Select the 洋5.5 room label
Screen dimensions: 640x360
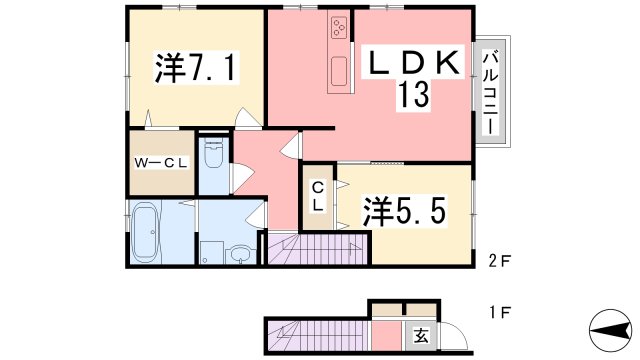click(404, 211)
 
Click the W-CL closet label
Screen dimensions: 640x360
click(161, 164)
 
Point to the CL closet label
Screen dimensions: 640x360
click(318, 197)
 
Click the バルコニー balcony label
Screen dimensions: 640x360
click(490, 92)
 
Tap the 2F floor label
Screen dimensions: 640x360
click(500, 260)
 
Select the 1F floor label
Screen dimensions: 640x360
click(500, 313)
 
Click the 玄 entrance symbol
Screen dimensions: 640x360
click(421, 336)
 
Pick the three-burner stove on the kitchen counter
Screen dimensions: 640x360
click(339, 27)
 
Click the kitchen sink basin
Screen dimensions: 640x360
click(339, 71)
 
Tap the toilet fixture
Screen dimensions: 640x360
click(213, 154)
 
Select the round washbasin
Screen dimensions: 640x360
click(241, 254)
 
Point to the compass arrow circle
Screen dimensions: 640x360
click(610, 330)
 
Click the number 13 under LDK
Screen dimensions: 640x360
click(414, 94)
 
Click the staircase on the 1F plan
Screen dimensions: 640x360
click(318, 336)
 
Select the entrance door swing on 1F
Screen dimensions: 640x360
click(454, 336)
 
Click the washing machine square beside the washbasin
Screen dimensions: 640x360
click(211, 252)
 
